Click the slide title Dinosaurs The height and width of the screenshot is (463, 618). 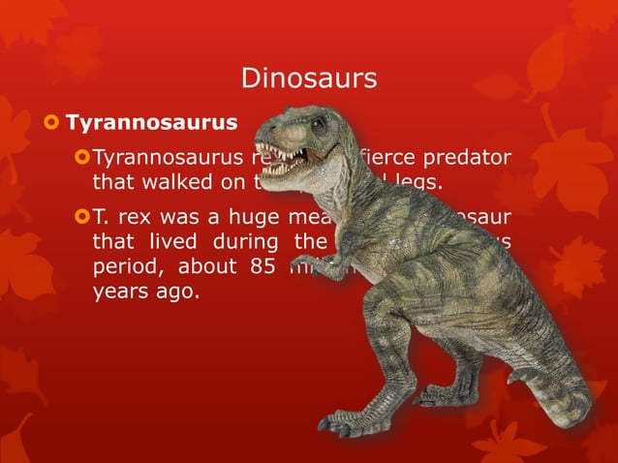click(x=308, y=77)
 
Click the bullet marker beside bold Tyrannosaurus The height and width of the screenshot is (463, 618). click(x=50, y=124)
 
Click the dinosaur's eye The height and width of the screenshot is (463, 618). click(x=317, y=124)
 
